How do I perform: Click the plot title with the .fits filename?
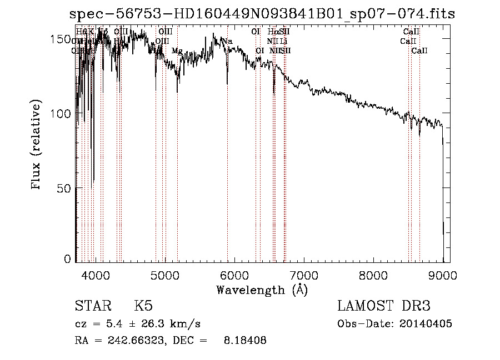point(262,14)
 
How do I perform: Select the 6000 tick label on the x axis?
point(234,275)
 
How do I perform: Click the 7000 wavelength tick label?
point(304,275)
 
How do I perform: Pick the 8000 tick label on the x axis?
point(373,275)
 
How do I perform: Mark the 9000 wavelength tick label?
point(443,275)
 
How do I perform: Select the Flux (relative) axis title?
point(37,146)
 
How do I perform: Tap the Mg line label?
point(177,51)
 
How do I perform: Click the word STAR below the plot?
point(92,306)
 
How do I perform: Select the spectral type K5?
point(143,306)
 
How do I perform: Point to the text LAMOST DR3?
point(384,306)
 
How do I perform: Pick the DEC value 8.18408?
point(246,341)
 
